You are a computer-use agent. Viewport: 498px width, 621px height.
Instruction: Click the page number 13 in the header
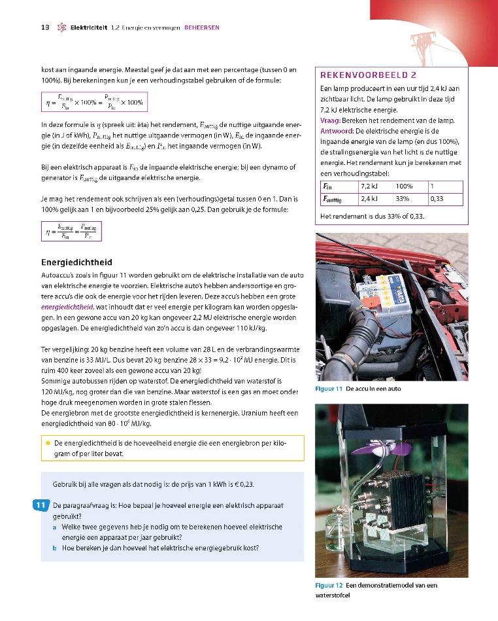[45, 27]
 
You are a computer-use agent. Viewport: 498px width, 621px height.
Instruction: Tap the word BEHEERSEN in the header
[202, 27]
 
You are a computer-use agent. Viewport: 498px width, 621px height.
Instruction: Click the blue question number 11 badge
[40, 505]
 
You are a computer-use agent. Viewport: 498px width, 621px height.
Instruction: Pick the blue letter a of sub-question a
[54, 526]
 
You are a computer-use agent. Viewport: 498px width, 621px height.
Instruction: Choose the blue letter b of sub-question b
[54, 548]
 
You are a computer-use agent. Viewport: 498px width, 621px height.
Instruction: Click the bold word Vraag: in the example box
[329, 121]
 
